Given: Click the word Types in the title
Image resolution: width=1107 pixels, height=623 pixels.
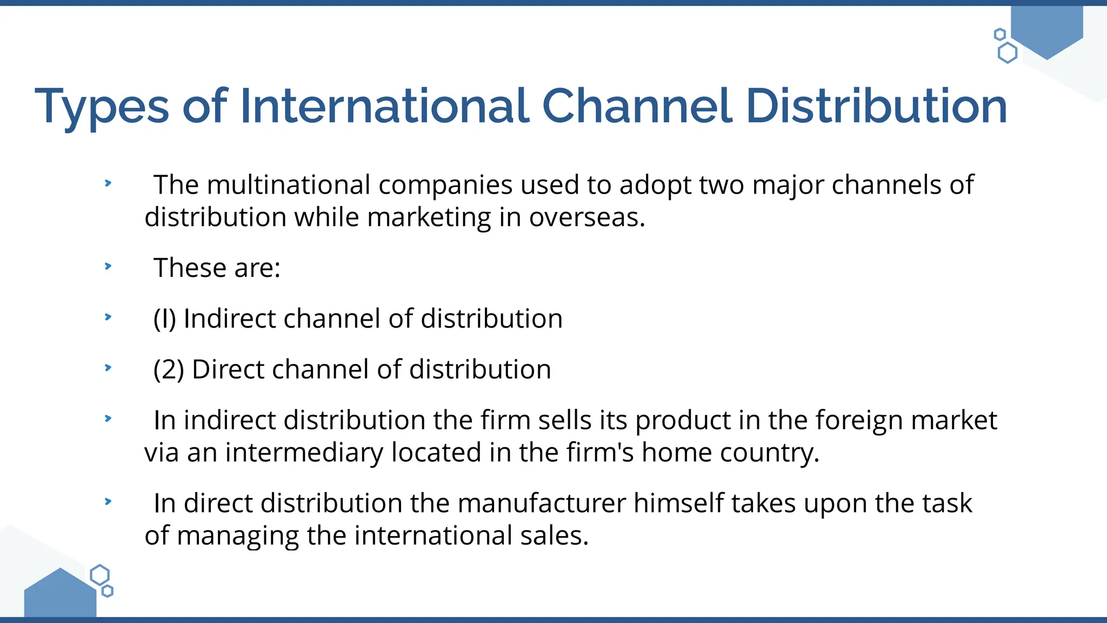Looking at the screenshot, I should click(102, 107).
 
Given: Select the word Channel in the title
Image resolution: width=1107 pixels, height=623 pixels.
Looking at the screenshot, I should click(637, 106).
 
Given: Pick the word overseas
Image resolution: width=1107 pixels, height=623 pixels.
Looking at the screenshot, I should click(586, 217).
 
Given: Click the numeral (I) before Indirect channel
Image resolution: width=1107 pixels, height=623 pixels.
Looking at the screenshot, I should click(165, 319).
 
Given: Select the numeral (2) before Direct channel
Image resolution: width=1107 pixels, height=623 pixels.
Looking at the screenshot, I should click(169, 369).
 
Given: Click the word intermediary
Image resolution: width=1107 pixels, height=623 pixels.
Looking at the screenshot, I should click(304, 453).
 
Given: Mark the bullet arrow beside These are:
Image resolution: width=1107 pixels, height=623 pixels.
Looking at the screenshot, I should click(108, 266).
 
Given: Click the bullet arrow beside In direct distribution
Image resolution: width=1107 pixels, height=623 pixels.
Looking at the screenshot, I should click(108, 501).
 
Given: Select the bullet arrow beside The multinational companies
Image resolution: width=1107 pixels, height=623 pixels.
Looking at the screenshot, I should click(108, 183).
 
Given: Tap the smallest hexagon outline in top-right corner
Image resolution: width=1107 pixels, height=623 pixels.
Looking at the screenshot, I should click(1000, 35).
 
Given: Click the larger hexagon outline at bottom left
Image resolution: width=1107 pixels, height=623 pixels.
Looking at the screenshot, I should click(99, 575).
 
